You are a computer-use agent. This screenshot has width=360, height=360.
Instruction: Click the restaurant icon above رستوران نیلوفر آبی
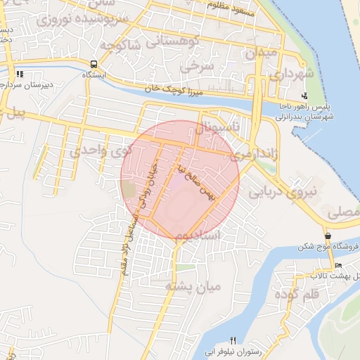tap(233, 341)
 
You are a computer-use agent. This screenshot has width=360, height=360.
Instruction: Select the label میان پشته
tap(193, 286)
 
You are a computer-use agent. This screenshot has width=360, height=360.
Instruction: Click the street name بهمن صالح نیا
tap(195, 181)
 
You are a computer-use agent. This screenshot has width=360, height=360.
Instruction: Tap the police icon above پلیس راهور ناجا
tap(304, 96)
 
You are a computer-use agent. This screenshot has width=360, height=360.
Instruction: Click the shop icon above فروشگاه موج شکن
tap(328, 236)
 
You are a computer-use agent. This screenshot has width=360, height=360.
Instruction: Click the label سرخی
tap(196, 68)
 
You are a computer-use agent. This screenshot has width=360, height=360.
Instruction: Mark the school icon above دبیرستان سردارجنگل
tap(20, 73)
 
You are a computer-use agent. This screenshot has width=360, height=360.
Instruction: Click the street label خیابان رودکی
tap(149, 184)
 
